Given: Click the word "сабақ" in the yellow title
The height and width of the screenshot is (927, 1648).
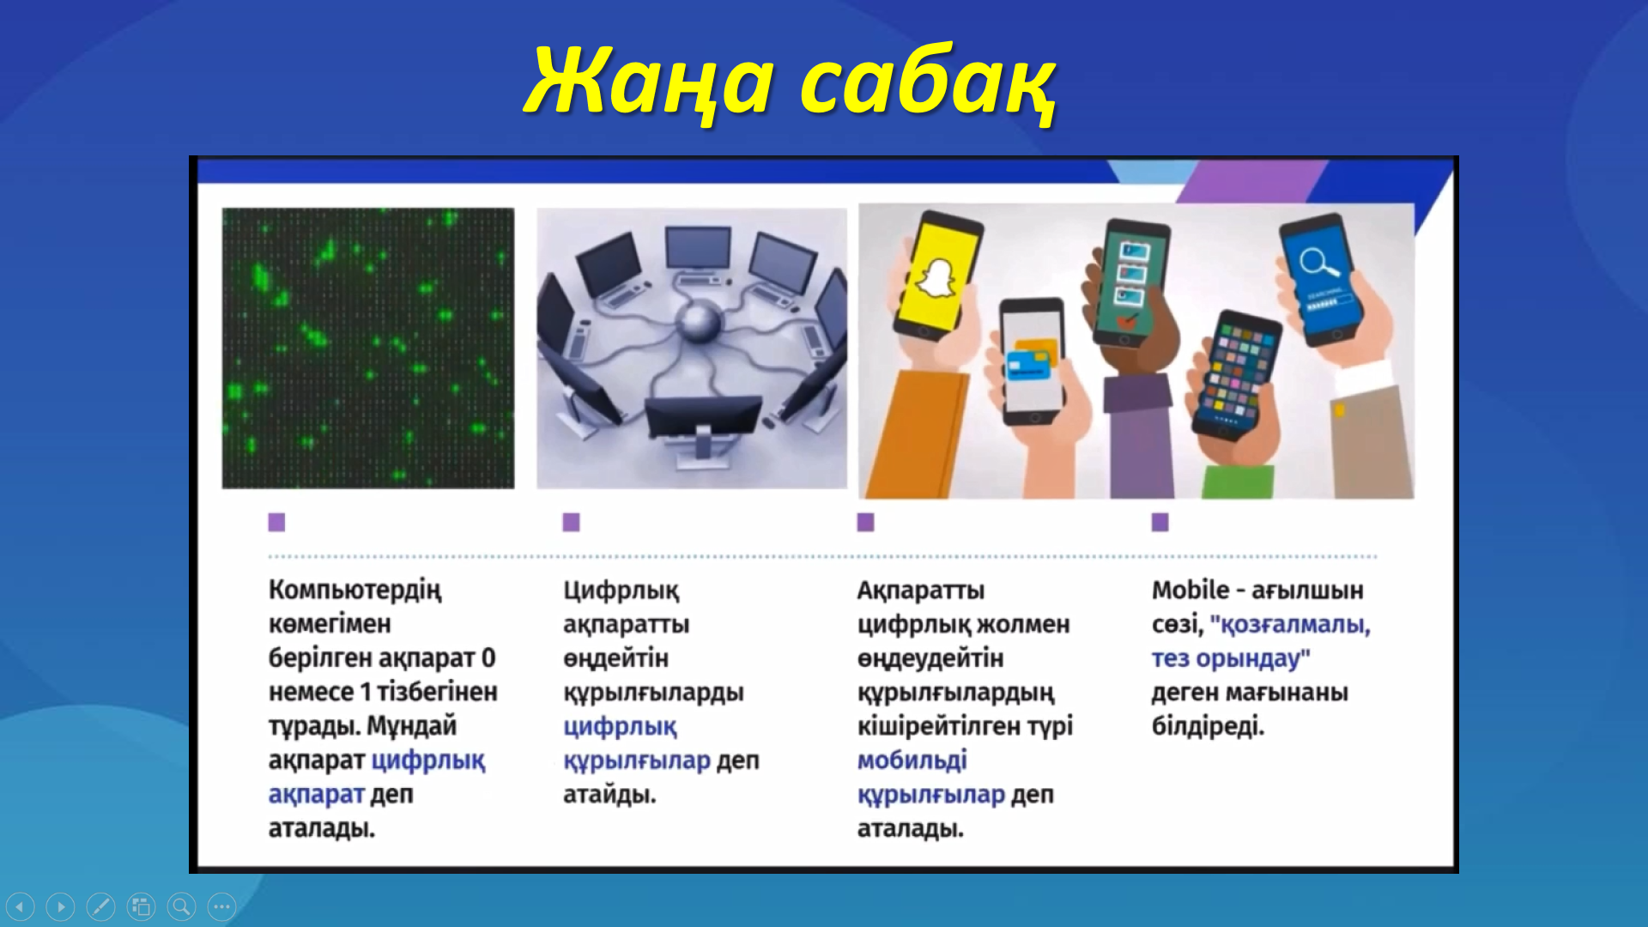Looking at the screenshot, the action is click(x=928, y=83).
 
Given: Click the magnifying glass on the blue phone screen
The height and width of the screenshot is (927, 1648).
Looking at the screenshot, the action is click(x=1318, y=262).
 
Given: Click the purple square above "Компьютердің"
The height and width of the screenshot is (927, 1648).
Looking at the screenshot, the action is click(x=276, y=522).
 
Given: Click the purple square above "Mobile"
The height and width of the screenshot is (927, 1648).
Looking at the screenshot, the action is click(x=1160, y=522).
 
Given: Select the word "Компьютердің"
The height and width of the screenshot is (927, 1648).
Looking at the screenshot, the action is click(x=355, y=591).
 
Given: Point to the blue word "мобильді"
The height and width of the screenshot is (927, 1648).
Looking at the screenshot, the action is click(x=912, y=760).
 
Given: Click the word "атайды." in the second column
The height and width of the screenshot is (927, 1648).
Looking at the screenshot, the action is click(x=609, y=795).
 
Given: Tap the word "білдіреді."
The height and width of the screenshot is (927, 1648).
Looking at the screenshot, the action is click(x=1209, y=726).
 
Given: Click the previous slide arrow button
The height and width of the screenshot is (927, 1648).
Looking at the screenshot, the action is click(x=20, y=906).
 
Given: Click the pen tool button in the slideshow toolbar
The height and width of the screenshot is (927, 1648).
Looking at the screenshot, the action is click(x=100, y=906).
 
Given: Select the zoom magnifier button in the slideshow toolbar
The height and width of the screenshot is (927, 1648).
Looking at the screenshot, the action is click(x=181, y=906).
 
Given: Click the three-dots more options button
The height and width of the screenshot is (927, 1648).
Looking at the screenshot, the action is click(x=221, y=906).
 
